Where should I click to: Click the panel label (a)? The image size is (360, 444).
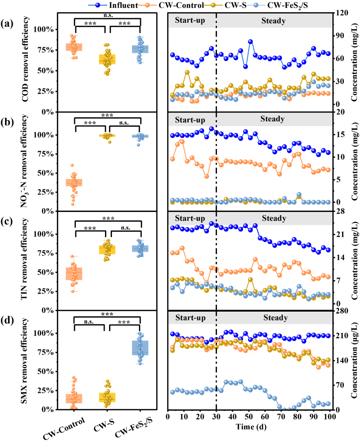point(7,24)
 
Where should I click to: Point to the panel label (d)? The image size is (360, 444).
point(7,320)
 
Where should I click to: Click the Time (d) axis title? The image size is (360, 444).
point(251,427)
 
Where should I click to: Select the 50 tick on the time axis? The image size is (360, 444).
point(249,417)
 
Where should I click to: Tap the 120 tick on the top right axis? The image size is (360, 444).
point(341,13)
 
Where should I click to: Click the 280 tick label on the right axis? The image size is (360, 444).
point(342,311)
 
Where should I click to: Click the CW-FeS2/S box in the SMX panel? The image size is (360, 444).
point(140,348)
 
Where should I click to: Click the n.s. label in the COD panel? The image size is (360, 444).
point(108,15)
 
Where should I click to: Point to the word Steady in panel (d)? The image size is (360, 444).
point(275,318)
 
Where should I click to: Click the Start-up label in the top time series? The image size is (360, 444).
point(190,20)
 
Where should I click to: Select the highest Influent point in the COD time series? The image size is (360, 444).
point(250,42)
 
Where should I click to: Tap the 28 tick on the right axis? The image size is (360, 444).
point(340,211)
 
